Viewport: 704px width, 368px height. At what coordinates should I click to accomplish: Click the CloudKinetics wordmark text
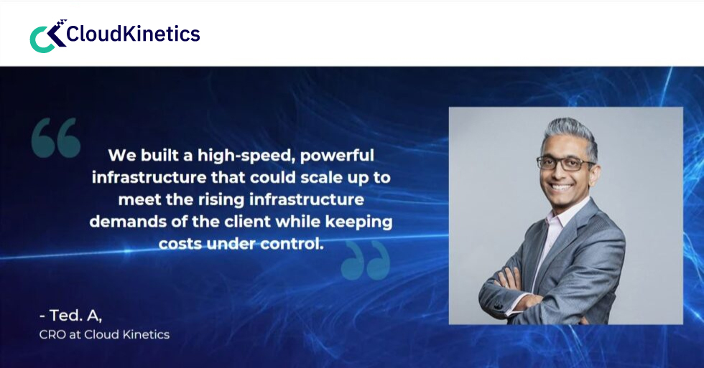pyautogui.click(x=134, y=34)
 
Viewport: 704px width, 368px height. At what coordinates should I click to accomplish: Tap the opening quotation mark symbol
pyautogui.click(x=55, y=138)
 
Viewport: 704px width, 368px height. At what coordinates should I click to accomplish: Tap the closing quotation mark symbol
pyautogui.click(x=365, y=260)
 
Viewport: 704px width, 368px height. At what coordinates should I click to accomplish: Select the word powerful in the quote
pyautogui.click(x=335, y=155)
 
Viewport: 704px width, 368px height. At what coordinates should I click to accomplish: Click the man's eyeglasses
pyautogui.click(x=566, y=164)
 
